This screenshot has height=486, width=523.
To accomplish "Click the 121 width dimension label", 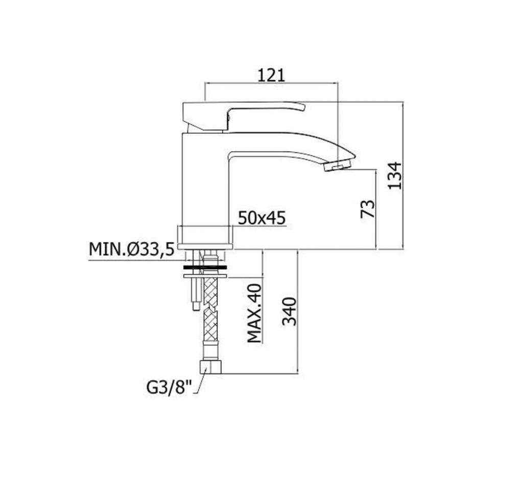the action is pyautogui.click(x=272, y=76).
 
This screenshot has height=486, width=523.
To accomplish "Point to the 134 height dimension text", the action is pyautogui.click(x=395, y=176).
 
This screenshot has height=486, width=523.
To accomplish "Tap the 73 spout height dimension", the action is pyautogui.click(x=368, y=209).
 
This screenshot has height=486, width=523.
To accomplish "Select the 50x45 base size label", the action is pyautogui.click(x=262, y=218).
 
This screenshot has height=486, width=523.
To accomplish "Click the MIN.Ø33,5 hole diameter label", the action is pyautogui.click(x=132, y=249).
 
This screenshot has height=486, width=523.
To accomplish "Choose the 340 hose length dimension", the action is pyautogui.click(x=289, y=311).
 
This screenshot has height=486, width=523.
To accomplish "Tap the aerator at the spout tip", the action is pyautogui.click(x=338, y=165).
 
